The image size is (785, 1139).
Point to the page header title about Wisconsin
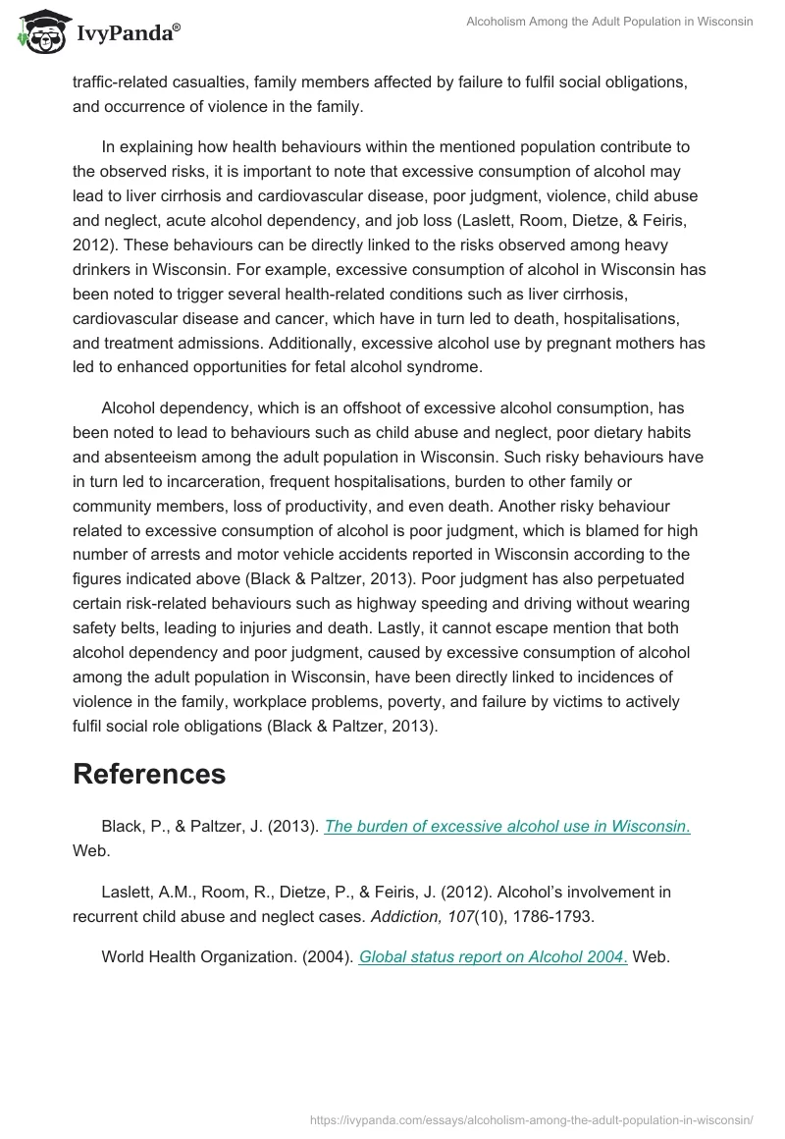tap(609, 22)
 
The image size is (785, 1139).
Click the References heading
tap(149, 774)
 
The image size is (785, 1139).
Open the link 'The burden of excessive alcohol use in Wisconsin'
tap(506, 826)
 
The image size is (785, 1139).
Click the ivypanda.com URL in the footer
tap(532, 1118)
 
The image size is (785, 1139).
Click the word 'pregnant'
tap(559, 343)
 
